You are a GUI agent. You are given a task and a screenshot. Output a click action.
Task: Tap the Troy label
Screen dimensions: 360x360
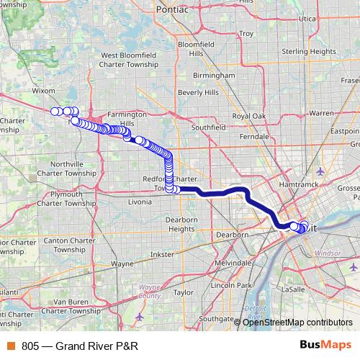(246, 34)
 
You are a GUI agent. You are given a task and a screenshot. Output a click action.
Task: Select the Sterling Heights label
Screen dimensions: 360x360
(310, 53)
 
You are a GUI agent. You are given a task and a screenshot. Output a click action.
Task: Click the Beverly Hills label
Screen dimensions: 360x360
(198, 93)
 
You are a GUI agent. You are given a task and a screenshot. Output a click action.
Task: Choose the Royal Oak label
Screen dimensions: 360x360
(249, 116)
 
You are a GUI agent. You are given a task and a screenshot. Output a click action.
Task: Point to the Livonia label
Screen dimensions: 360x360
(139, 202)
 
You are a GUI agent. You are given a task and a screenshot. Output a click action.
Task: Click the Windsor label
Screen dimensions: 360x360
(328, 253)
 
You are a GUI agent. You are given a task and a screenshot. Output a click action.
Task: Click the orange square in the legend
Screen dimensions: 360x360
(11, 346)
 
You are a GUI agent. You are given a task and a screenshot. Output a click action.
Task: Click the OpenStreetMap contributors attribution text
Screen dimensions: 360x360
(297, 322)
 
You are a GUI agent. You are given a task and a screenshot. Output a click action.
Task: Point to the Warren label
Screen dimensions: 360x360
(322, 113)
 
